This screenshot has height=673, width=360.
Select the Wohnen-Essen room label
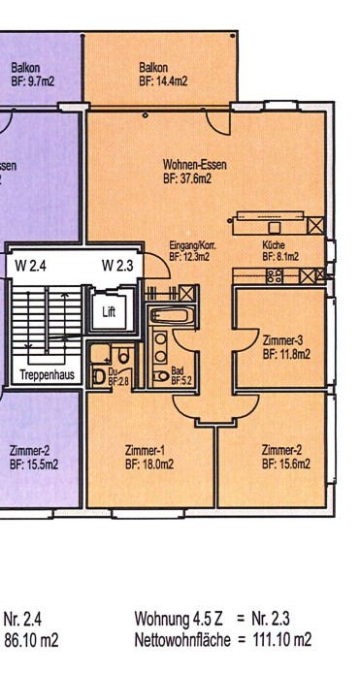195,172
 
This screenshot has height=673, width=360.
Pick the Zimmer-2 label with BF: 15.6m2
285,458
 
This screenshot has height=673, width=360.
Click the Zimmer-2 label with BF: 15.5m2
33,458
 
